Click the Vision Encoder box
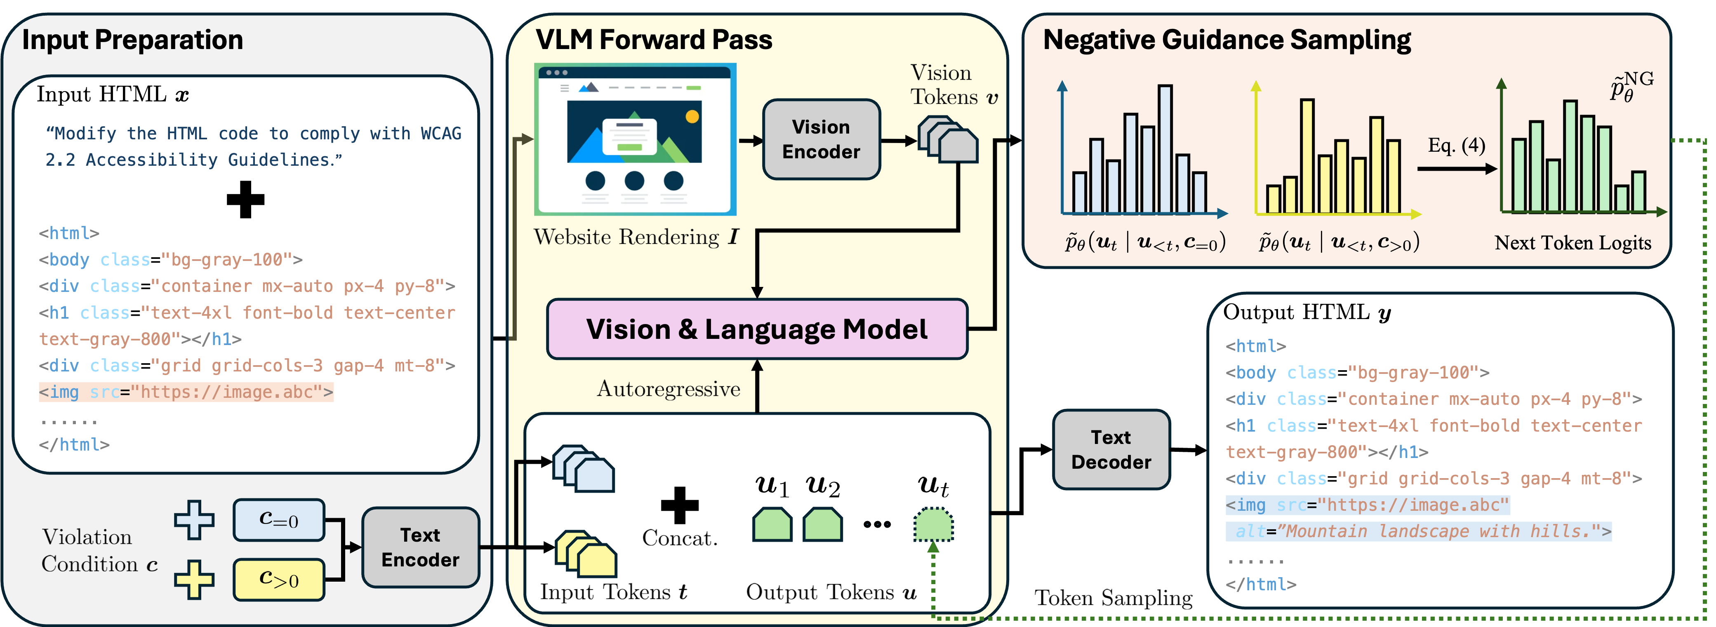(x=821, y=140)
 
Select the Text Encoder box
(x=420, y=547)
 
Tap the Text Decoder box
(x=1111, y=450)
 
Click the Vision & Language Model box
(x=757, y=329)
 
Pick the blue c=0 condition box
(x=278, y=520)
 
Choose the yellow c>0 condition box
(x=278, y=579)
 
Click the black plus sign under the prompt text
(x=245, y=199)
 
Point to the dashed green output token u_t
(x=933, y=524)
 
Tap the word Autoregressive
(x=668, y=389)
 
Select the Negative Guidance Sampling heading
(x=1226, y=40)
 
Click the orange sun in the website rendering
(x=692, y=117)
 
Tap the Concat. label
(x=680, y=538)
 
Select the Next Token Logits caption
(x=1572, y=243)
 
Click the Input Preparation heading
(x=132, y=40)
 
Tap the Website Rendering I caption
(x=636, y=237)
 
